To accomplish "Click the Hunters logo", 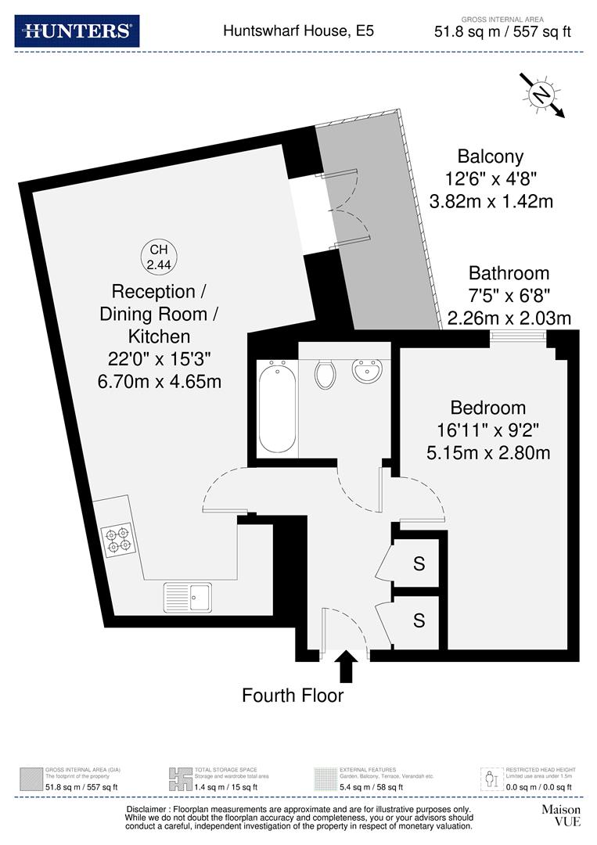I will (x=77, y=31).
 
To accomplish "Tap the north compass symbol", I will (x=541, y=95).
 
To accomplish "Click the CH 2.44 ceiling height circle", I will (x=159, y=257).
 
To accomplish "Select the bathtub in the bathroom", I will (x=277, y=405).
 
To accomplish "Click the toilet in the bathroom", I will (x=325, y=373).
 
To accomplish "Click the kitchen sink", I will (x=187, y=599).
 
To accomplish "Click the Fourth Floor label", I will (x=293, y=695).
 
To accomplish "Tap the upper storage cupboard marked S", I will (x=419, y=563).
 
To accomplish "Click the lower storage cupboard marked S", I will (x=419, y=621).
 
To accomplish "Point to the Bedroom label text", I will (x=487, y=408).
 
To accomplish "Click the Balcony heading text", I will (x=491, y=156).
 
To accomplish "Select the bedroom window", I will (x=518, y=336).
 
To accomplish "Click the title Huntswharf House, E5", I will (x=298, y=31).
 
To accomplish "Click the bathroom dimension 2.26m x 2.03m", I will (x=509, y=318).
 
